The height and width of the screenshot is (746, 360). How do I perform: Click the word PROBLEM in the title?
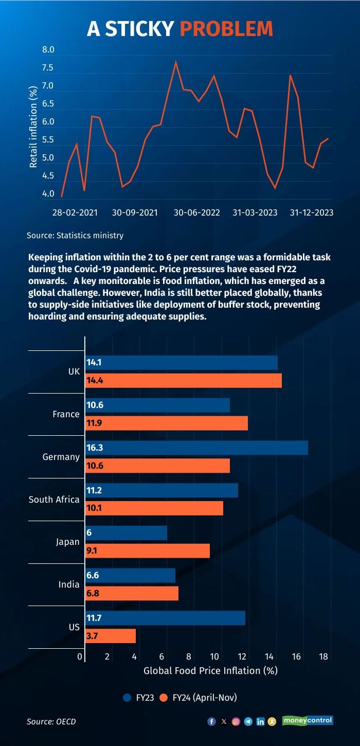226,29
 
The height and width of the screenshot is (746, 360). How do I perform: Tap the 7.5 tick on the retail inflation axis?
48,68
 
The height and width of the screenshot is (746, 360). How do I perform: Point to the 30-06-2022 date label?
196,212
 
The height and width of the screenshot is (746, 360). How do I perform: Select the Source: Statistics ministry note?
75,236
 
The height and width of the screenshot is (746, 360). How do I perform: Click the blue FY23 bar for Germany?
196,448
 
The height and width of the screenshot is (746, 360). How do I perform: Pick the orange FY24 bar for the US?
111,636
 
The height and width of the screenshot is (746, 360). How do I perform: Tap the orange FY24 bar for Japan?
148,551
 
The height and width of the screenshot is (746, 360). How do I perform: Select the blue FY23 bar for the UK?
181,362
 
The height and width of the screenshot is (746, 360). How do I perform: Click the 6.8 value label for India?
93,593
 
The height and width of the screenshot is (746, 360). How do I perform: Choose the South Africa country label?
54,500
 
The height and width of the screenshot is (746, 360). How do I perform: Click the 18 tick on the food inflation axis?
323,656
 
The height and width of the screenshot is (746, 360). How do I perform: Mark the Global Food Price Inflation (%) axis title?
210,670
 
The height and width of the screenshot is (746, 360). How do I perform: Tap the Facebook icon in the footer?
211,721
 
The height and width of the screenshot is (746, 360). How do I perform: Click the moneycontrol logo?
308,720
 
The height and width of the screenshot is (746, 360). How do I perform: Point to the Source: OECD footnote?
51,721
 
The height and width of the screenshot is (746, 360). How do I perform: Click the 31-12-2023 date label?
312,212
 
